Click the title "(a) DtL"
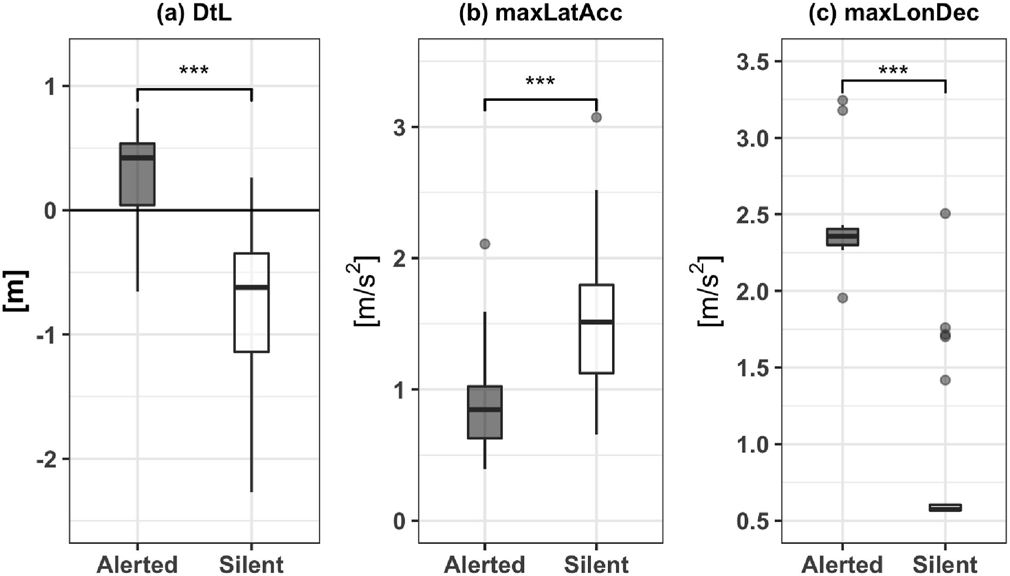click(194, 13)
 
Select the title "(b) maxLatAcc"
click(540, 13)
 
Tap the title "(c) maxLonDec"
click(893, 13)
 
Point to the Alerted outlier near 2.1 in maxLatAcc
click(485, 244)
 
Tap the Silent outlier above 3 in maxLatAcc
click(596, 117)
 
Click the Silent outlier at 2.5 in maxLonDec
click(945, 214)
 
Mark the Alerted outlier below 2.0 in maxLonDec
click(843, 298)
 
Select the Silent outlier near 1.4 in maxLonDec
click(945, 380)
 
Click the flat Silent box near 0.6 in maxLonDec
click(945, 507)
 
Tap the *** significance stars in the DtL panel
click(194, 72)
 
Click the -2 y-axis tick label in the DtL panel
click(46, 459)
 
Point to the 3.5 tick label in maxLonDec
click(753, 62)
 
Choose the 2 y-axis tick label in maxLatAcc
click(400, 259)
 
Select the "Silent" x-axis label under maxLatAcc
click(596, 565)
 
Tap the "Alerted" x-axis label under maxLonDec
click(842, 565)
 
